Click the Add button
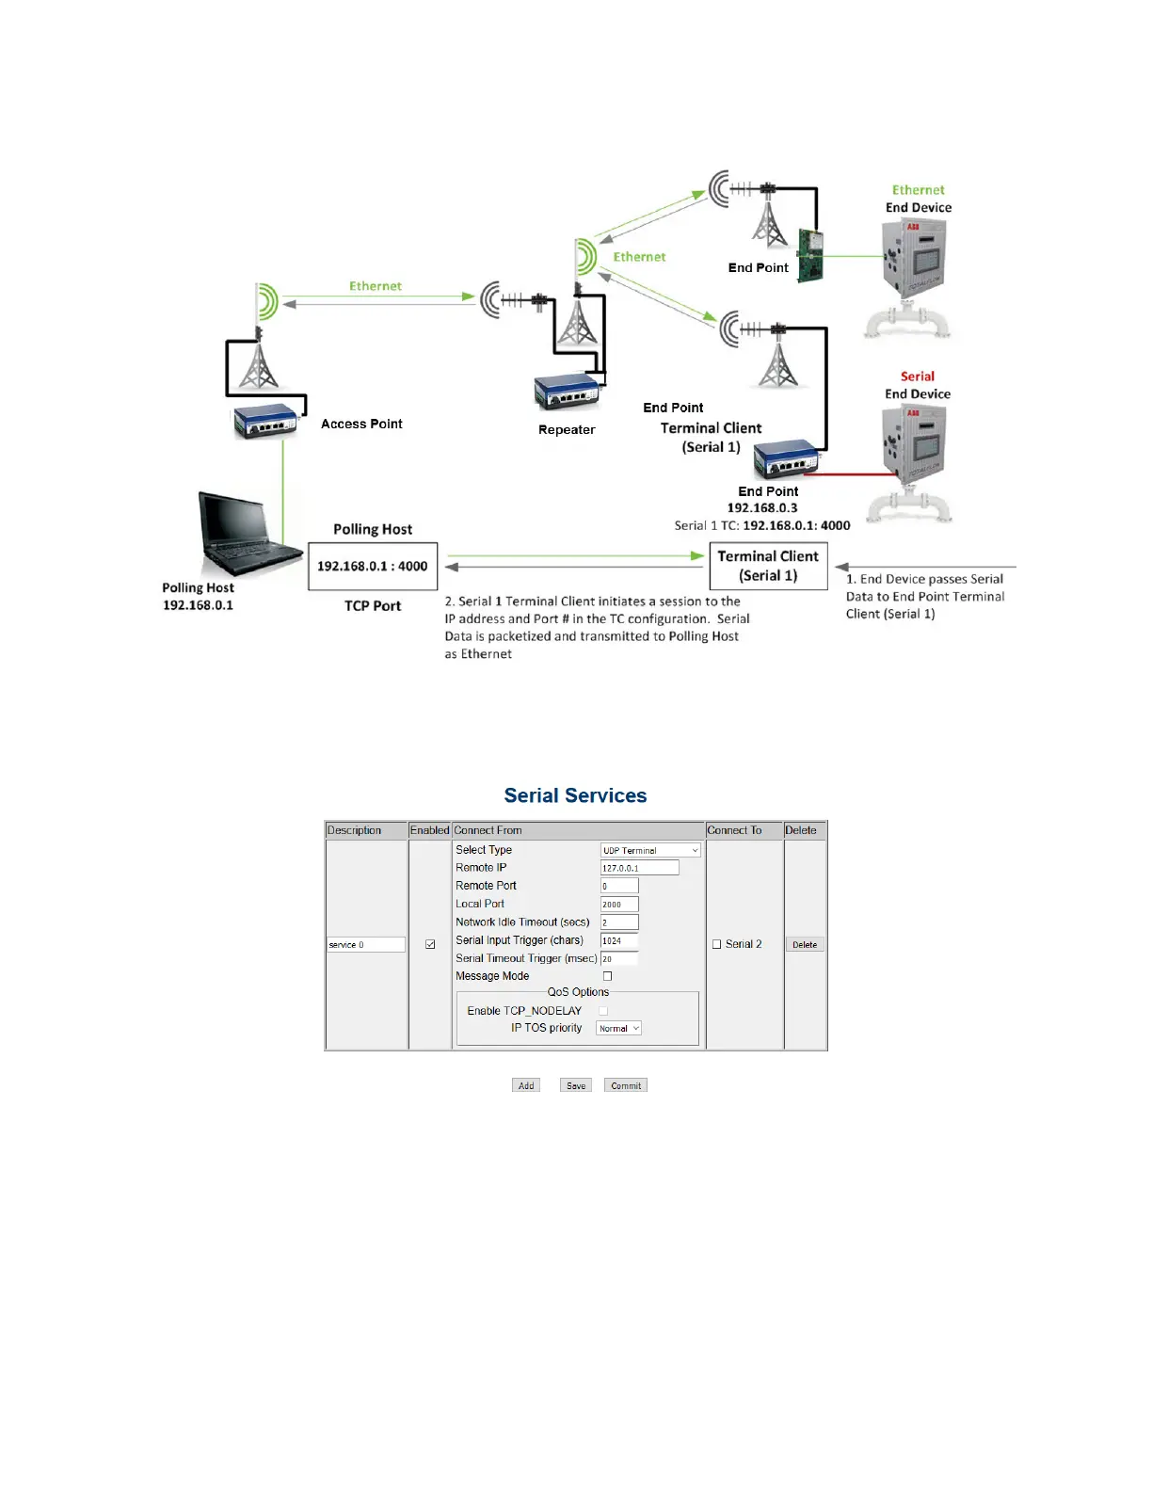[x=526, y=1085]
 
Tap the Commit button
[x=626, y=1085]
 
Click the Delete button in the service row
[x=805, y=944]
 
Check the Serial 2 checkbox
[x=717, y=944]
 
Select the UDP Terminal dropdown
[x=650, y=850]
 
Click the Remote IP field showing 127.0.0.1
[x=639, y=868]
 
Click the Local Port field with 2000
[x=619, y=904]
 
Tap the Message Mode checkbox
[x=607, y=976]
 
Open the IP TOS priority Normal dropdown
[x=618, y=1028]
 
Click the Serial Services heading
[x=575, y=795]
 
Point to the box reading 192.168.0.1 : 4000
[x=373, y=566]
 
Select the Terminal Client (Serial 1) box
[x=768, y=566]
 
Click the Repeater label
[x=567, y=429]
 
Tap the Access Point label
[x=361, y=424]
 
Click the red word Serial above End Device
[x=917, y=376]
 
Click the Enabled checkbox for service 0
[x=430, y=944]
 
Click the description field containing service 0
[x=365, y=944]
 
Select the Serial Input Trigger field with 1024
[x=619, y=940]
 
